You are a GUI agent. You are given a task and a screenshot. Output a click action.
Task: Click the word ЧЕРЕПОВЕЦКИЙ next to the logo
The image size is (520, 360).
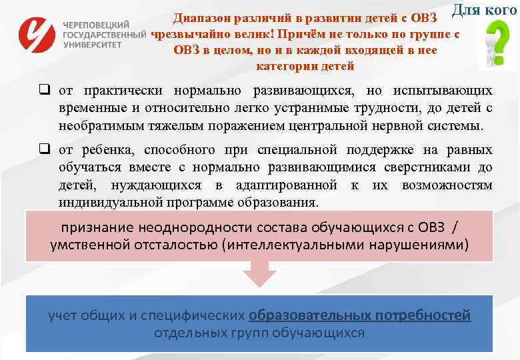tap(96, 23)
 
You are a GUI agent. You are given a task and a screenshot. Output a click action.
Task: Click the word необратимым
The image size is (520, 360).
tap(99, 125)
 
